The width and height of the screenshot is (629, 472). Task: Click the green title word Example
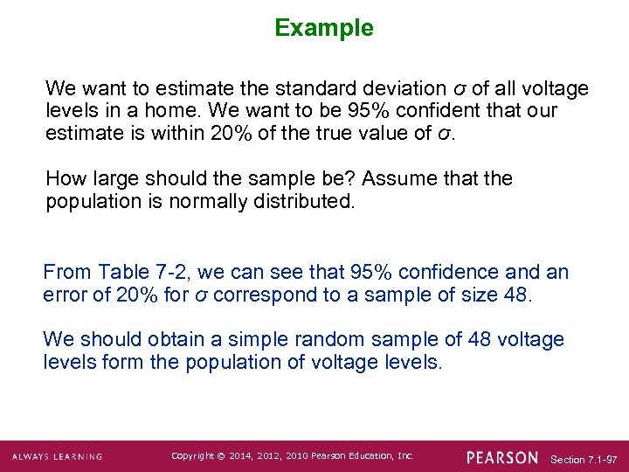(x=324, y=28)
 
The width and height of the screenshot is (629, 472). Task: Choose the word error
(x=67, y=295)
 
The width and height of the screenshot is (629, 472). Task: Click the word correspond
(x=266, y=295)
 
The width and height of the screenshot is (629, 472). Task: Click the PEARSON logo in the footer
(x=502, y=456)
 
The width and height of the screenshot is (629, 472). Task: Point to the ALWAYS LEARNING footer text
(x=57, y=456)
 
